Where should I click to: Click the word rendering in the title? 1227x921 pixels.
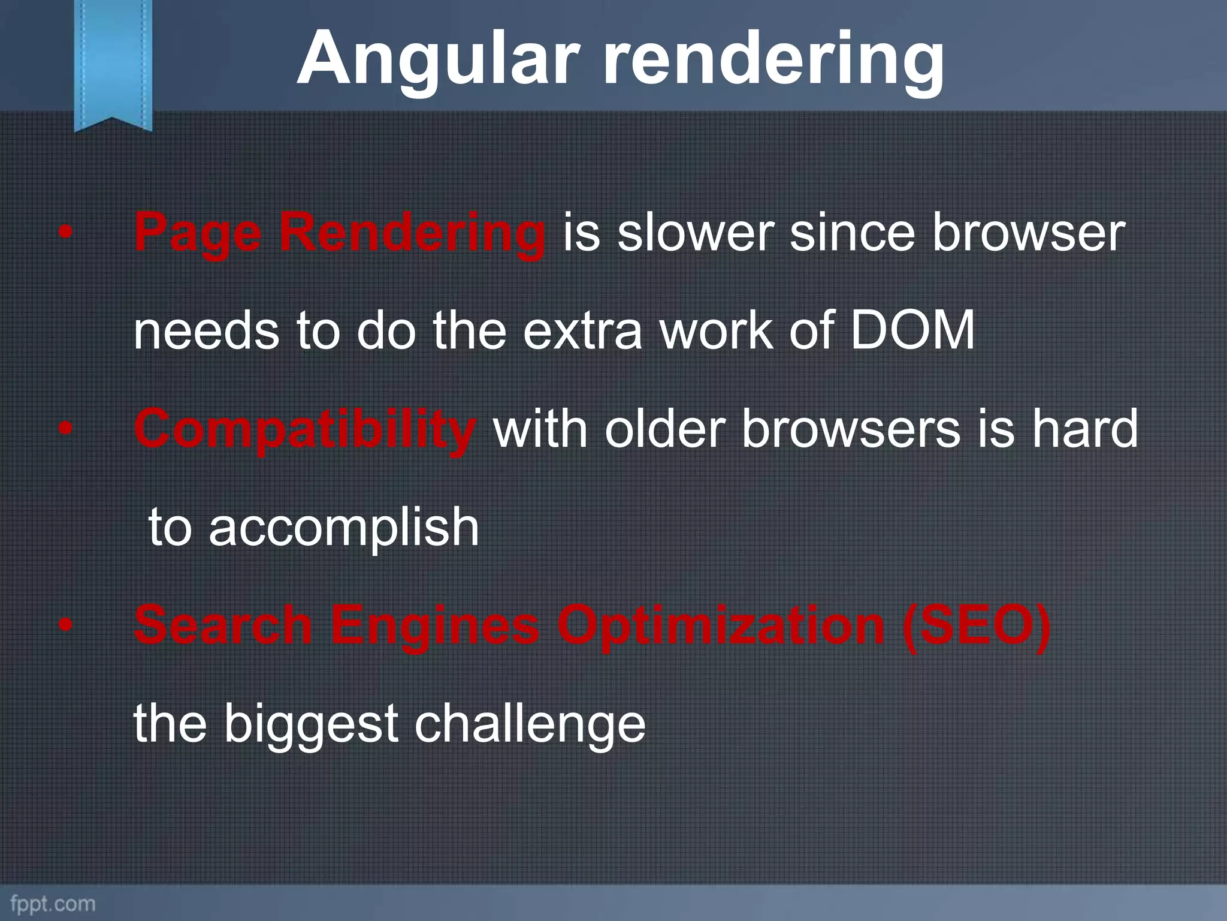click(773, 60)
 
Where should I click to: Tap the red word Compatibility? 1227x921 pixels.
click(305, 431)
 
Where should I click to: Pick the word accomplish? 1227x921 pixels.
click(344, 528)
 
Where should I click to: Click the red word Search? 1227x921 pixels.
click(223, 625)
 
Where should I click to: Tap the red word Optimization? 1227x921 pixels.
click(721, 625)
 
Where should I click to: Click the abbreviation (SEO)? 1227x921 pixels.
click(977, 625)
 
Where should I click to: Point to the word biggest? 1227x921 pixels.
click(311, 724)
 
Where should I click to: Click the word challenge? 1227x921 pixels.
click(530, 724)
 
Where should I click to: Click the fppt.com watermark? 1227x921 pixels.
click(53, 903)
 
